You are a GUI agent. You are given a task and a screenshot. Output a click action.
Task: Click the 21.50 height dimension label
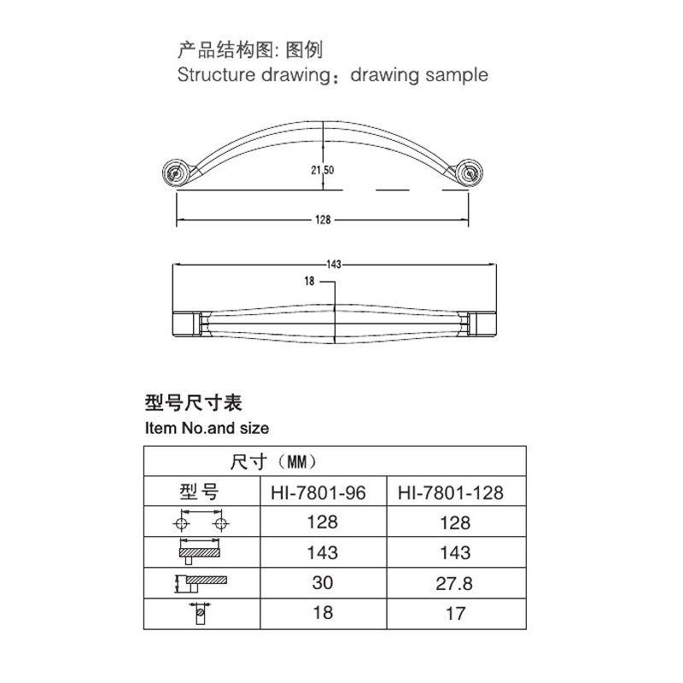click(x=323, y=170)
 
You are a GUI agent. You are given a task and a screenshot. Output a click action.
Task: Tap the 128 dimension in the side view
click(x=323, y=219)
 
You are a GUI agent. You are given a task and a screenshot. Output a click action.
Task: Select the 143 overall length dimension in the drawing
click(x=334, y=265)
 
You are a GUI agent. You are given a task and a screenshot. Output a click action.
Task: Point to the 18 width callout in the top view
click(x=309, y=282)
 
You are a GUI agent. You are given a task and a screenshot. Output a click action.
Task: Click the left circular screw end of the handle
click(x=176, y=173)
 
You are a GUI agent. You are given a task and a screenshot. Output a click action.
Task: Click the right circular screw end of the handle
click(x=469, y=173)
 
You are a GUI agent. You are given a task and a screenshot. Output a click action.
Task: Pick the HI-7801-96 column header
click(x=318, y=493)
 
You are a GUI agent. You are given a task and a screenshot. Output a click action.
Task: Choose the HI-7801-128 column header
click(x=451, y=493)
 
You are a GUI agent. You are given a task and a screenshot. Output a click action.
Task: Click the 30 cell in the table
click(x=323, y=582)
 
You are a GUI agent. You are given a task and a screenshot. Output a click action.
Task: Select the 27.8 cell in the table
click(x=454, y=583)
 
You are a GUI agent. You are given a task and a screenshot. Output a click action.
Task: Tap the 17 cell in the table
click(x=455, y=614)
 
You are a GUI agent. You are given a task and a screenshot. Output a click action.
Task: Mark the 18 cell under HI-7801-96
click(x=323, y=613)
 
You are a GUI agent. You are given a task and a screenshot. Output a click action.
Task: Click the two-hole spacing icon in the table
click(x=201, y=519)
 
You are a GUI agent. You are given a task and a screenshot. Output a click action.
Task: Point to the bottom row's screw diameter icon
click(x=201, y=613)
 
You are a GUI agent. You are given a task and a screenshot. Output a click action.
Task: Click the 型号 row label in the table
click(x=199, y=492)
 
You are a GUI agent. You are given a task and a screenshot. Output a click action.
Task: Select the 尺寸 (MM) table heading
click(x=273, y=461)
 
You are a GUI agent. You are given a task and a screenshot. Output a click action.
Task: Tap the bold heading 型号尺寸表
click(x=194, y=402)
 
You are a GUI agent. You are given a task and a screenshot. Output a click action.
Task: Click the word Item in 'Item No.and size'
click(x=161, y=428)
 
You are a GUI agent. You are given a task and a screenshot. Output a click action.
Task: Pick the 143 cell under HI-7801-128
click(x=455, y=552)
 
